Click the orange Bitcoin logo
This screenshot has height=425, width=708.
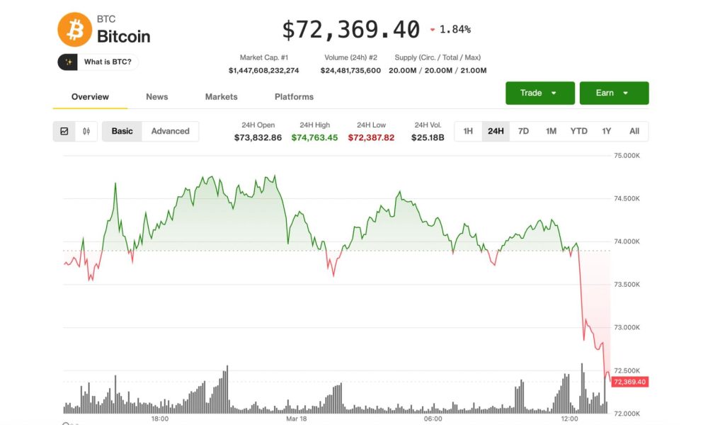tap(74, 30)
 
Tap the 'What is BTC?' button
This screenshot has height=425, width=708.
tap(98, 62)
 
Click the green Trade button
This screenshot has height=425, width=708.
tap(539, 93)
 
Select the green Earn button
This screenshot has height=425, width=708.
tap(614, 93)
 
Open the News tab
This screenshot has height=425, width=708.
tap(156, 96)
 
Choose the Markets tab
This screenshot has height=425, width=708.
tap(221, 96)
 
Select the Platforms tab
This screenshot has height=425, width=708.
tap(294, 96)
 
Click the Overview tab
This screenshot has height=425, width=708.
tap(90, 96)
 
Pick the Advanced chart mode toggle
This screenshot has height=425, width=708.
tap(170, 131)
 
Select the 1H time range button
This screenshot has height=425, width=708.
tap(468, 131)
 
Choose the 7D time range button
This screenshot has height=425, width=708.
tap(523, 131)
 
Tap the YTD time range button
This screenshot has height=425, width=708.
tap(578, 131)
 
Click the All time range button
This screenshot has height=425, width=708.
tap(634, 131)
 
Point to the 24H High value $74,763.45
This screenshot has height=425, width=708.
tap(314, 137)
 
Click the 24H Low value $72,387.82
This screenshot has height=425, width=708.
tap(371, 137)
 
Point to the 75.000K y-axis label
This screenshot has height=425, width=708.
tap(626, 155)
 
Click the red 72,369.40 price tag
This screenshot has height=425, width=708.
tap(629, 382)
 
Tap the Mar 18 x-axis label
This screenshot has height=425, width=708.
tap(296, 419)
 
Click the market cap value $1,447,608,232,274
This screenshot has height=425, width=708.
tap(263, 70)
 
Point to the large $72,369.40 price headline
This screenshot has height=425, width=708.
tap(350, 30)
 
